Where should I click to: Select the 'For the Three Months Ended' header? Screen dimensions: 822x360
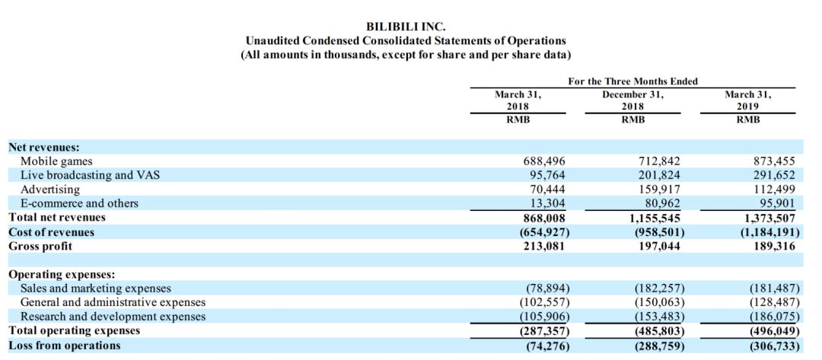tap(632, 81)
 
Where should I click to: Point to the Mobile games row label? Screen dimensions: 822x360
tap(56, 161)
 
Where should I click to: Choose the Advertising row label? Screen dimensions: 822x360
tap(50, 190)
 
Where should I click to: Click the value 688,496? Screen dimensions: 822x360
tap(542, 161)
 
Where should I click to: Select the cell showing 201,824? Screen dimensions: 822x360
tap(656, 175)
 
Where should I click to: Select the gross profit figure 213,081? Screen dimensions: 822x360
tap(542, 246)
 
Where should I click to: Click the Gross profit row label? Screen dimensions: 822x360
tap(40, 246)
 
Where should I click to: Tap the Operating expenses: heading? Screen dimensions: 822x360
tap(62, 274)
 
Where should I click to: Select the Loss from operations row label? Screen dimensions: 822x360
tap(65, 346)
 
